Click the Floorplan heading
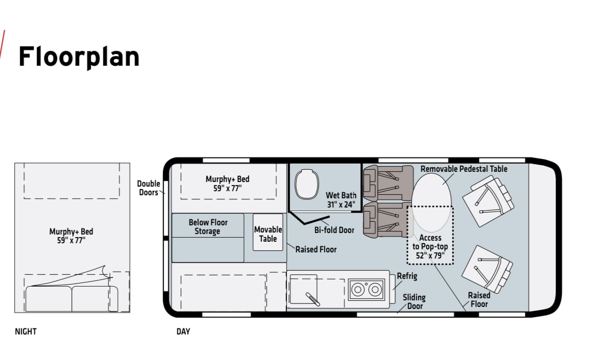(x=79, y=57)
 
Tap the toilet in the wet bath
(x=307, y=184)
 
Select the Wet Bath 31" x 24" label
(x=341, y=200)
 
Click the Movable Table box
(x=268, y=232)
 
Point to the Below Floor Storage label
(x=208, y=227)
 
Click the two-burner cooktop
(x=366, y=290)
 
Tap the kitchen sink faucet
(x=313, y=299)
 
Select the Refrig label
(x=407, y=276)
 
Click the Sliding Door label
(x=414, y=302)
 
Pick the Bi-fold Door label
(x=334, y=230)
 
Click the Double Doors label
(x=148, y=188)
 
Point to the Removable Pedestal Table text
(x=464, y=169)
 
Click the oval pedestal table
(x=431, y=202)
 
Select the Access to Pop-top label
(x=430, y=247)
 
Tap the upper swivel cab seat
(x=488, y=201)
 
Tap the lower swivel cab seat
(x=487, y=269)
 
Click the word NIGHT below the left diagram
(x=26, y=331)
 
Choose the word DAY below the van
(x=183, y=331)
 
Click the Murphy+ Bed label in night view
(x=71, y=236)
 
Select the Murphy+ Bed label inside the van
(x=228, y=184)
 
